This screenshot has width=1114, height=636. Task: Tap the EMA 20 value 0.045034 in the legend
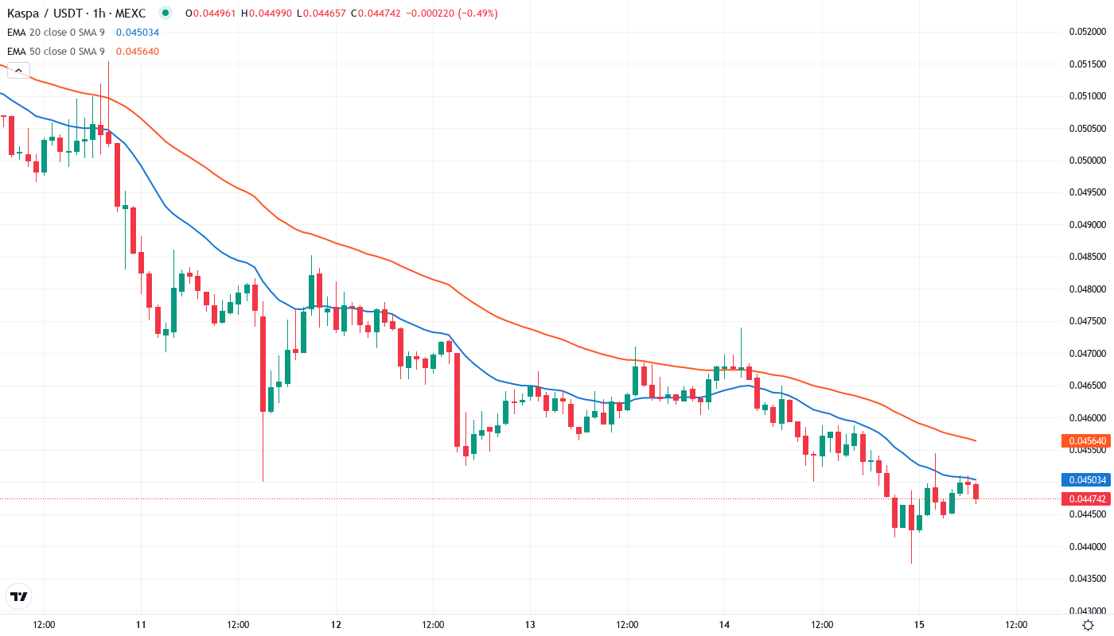[x=137, y=33]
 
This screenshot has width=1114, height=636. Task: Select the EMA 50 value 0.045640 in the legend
[x=137, y=52]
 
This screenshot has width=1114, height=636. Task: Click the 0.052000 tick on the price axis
[x=1086, y=32]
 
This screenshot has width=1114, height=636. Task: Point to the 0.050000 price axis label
[x=1086, y=161]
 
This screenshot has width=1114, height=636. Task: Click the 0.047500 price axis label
[x=1086, y=321]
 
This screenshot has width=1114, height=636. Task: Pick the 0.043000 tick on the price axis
[x=1086, y=611]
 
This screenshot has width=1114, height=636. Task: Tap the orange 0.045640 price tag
[x=1085, y=440]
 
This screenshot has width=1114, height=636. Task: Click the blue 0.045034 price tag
[x=1085, y=479]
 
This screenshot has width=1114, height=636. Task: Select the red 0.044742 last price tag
[x=1085, y=498]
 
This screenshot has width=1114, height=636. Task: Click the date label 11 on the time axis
[x=141, y=625]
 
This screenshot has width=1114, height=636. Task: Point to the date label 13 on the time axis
[x=530, y=625]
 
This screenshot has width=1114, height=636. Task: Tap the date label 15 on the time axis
[x=919, y=625]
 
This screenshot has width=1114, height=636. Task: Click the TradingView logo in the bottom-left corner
[x=18, y=596]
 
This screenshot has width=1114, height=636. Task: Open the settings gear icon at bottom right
[x=1087, y=625]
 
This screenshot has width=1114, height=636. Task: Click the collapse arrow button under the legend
[x=18, y=71]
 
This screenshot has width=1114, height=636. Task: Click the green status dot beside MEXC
[x=165, y=13]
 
